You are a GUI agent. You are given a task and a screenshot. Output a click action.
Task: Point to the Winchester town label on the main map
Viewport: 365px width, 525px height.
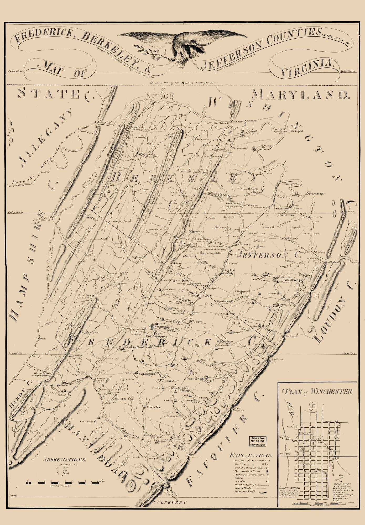[160, 327]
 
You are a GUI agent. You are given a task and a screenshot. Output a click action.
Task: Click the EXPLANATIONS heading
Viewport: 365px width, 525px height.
[251, 455]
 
